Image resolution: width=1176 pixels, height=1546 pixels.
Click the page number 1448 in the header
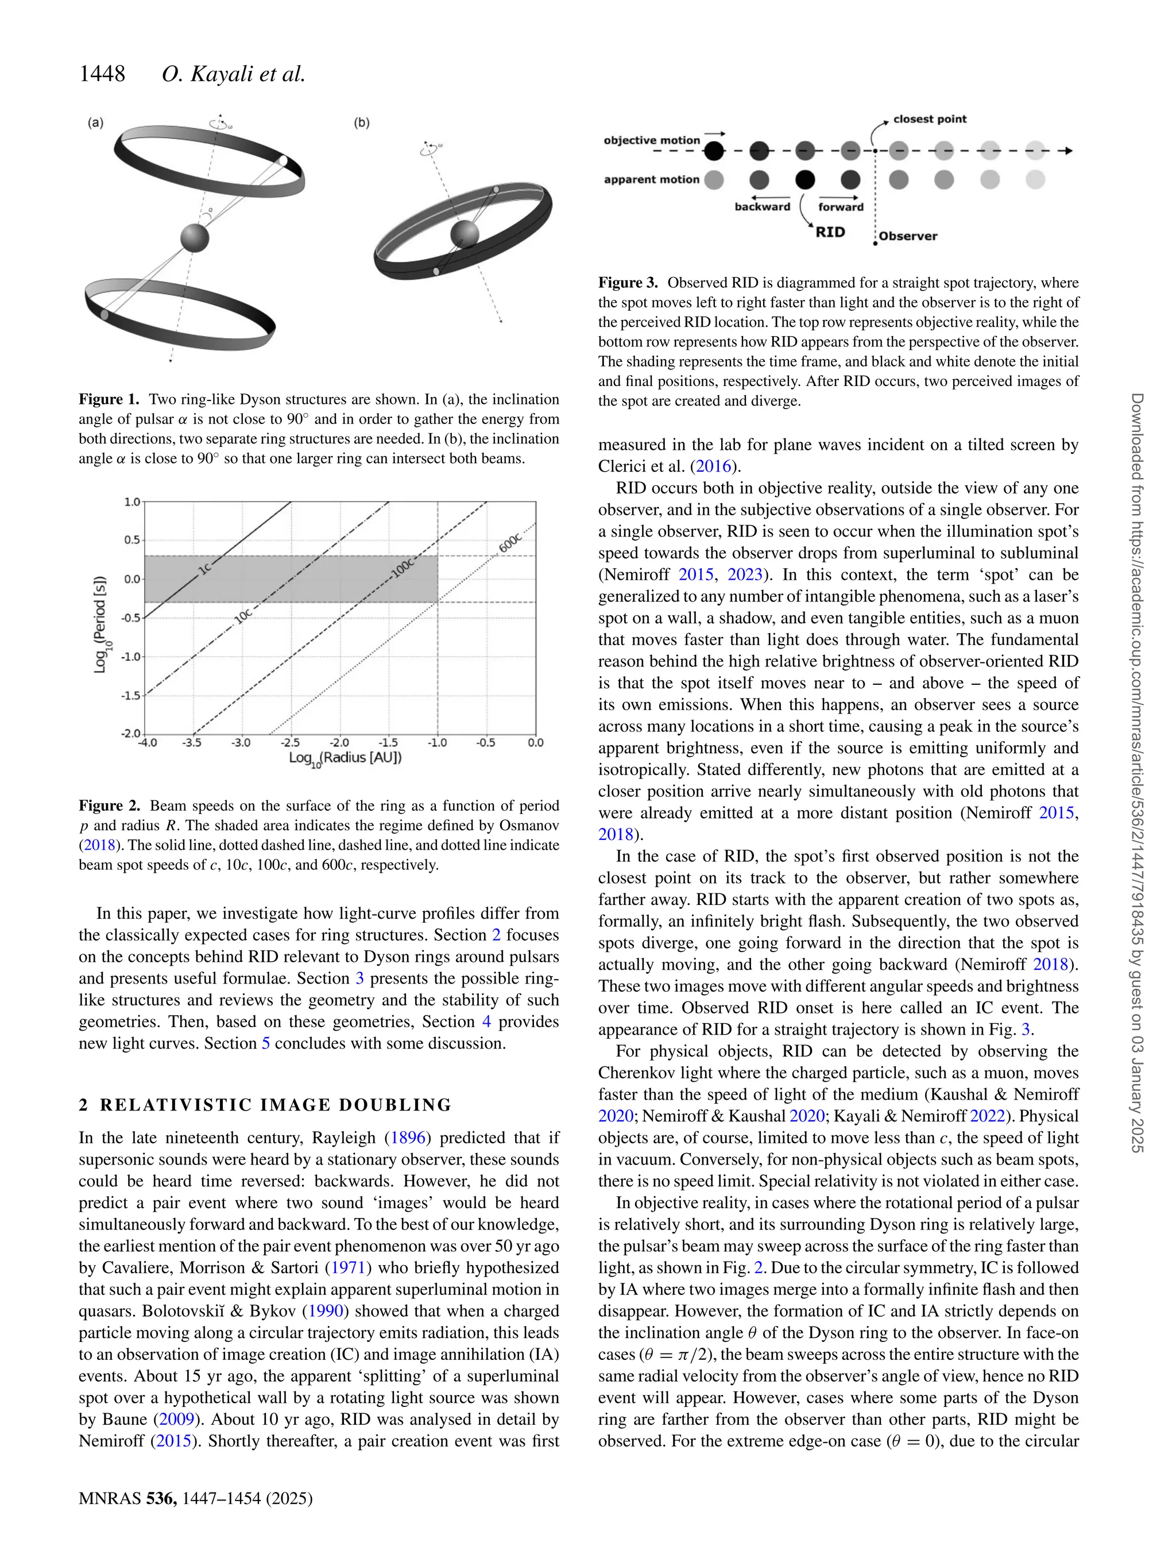coord(102,74)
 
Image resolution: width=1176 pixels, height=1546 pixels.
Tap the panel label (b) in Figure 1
coord(361,123)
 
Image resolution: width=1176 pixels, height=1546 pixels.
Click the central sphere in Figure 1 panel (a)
coord(195,238)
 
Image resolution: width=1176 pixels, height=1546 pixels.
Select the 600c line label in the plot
coord(510,543)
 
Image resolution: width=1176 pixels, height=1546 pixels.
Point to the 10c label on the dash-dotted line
coord(242,615)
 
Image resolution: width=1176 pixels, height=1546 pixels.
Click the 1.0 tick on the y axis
coord(131,502)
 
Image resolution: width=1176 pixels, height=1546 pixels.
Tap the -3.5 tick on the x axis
coord(192,742)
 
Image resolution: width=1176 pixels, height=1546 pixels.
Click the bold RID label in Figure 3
coord(830,232)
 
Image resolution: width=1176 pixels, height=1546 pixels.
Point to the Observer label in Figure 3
coord(908,236)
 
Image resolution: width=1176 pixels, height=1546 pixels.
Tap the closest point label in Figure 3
coord(930,119)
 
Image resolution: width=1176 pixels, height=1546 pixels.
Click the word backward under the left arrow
coord(763,207)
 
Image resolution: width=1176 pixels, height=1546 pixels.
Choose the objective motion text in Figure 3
coord(652,140)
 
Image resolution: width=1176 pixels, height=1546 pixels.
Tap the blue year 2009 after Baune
coord(176,1419)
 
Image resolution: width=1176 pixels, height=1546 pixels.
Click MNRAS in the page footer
coord(109,1498)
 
